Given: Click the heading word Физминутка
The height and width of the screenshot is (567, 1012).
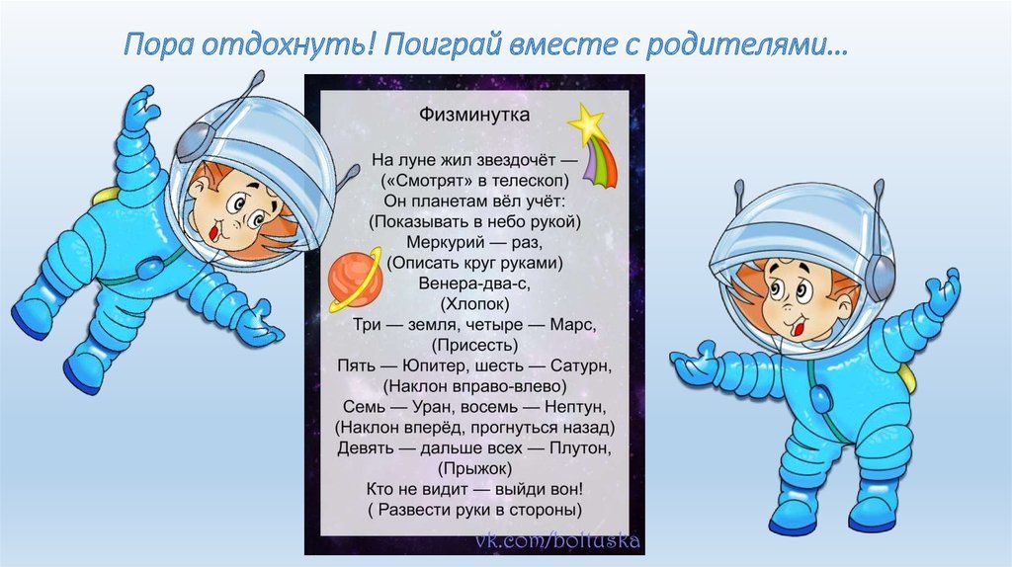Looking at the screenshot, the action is (x=474, y=115).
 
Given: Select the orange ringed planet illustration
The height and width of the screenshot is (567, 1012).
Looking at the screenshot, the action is (x=355, y=280).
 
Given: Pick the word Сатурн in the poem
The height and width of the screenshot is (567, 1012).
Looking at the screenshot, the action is (x=580, y=365).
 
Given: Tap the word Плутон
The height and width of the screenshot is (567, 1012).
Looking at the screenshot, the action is (x=579, y=447).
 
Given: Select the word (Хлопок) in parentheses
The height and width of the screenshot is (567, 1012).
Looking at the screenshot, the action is (x=474, y=304).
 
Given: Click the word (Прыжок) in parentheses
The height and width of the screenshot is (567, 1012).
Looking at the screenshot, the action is (x=475, y=468).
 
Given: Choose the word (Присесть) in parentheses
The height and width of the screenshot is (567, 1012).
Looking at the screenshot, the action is (x=474, y=345).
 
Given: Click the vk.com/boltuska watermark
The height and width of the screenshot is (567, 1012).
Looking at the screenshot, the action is (x=557, y=540).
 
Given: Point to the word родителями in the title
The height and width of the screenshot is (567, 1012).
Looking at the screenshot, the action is (x=747, y=45).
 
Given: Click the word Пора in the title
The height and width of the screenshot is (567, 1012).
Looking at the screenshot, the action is (x=158, y=45).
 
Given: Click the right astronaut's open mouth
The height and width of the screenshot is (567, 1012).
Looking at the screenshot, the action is (x=799, y=328).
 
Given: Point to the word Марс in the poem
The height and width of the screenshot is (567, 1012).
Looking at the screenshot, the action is (x=572, y=324).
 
